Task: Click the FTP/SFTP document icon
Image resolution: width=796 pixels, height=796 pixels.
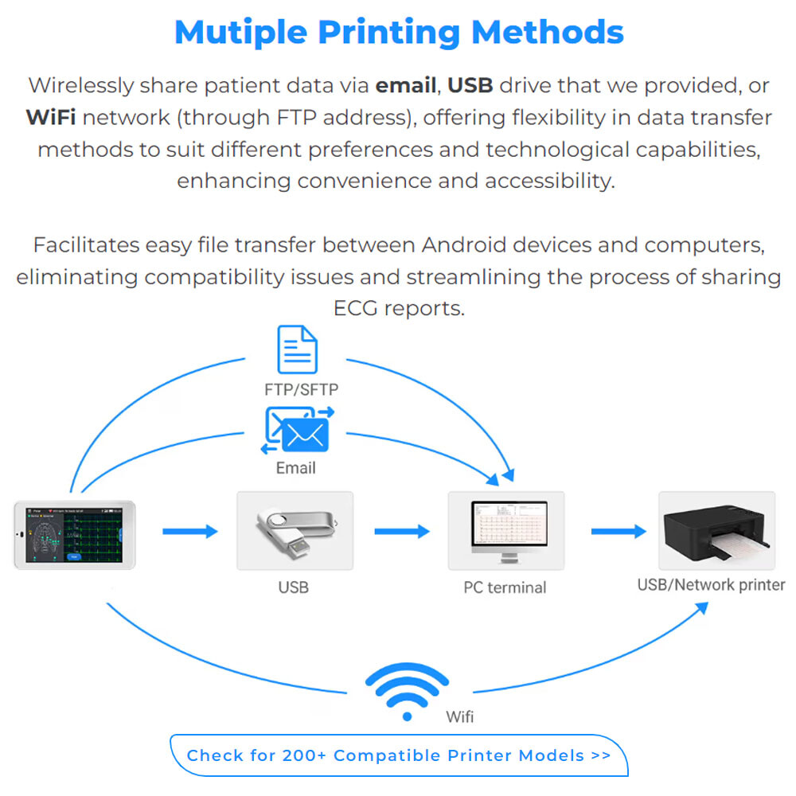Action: pos(297,349)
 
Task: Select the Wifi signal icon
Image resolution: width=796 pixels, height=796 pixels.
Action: pos(407,692)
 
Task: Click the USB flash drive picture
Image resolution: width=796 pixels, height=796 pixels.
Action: pos(295,530)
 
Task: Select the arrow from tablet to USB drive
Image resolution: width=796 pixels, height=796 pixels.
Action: pos(190,531)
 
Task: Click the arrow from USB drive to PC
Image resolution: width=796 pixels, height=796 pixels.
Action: pos(402,531)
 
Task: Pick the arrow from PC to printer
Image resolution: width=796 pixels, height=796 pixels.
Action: pos(618,531)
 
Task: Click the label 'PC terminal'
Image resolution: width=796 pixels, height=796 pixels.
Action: pos(505,588)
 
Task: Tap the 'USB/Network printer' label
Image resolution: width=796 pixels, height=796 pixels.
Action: pos(711,585)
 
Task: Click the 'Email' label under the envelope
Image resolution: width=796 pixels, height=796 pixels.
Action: pos(295,468)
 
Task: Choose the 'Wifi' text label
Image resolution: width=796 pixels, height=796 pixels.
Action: pos(460,716)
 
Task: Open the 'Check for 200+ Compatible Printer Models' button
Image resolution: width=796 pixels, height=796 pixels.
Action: pos(399,755)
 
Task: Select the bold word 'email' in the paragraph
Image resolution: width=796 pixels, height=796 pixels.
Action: pos(406,85)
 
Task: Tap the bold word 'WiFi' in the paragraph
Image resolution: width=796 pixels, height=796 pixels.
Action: pos(51,118)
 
